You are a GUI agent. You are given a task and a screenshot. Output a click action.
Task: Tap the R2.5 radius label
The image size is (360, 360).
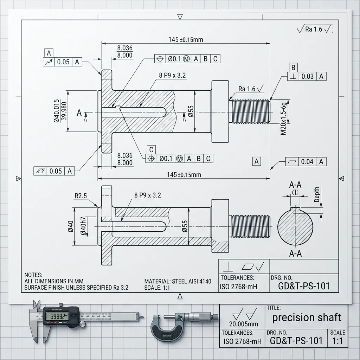[81, 196]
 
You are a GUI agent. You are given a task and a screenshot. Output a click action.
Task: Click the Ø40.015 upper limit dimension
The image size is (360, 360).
[57, 111]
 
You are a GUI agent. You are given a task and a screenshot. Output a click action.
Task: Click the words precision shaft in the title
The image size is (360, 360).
[307, 317]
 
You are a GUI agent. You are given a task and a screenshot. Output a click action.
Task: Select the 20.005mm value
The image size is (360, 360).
[243, 324]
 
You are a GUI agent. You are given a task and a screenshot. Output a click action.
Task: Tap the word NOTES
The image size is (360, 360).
[33, 275]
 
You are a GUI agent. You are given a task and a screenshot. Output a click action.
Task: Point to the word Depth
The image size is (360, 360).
[317, 194]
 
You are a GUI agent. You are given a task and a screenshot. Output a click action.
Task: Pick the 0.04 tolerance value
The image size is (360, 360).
[307, 162]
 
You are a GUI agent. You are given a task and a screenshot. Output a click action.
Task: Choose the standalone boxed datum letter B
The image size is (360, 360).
[293, 67]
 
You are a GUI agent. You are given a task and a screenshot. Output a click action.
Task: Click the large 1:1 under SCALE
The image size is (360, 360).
[337, 341]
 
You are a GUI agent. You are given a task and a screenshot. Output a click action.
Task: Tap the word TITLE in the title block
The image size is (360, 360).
[274, 308]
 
